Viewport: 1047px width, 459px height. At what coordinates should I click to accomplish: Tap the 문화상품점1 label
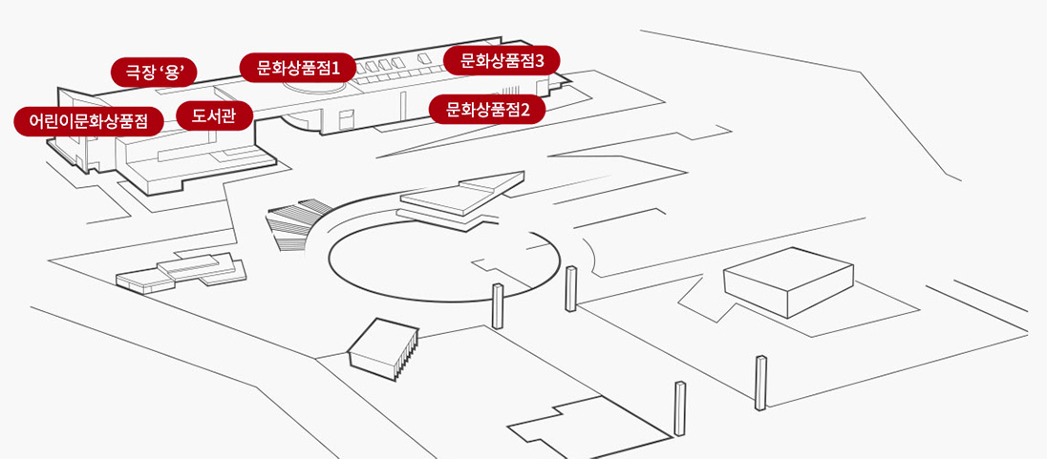tap(298, 68)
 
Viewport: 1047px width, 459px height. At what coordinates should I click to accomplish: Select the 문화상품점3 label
tap(502, 61)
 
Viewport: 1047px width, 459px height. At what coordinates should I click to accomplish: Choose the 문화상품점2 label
tap(487, 110)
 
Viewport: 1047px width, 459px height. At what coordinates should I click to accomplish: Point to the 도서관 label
tap(214, 116)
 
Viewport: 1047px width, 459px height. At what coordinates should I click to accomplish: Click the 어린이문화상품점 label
tap(89, 121)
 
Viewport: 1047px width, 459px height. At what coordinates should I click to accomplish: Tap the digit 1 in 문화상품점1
tap(336, 68)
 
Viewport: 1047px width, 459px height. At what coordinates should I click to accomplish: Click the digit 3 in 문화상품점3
tap(540, 61)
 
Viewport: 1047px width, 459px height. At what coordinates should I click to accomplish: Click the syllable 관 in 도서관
tap(229, 116)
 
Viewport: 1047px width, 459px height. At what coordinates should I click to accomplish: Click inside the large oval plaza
tap(444, 261)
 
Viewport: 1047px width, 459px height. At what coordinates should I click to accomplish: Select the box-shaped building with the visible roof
tap(788, 282)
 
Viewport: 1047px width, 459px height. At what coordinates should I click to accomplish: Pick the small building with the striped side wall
tap(384, 349)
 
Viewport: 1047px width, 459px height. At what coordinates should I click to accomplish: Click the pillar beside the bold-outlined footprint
tap(680, 408)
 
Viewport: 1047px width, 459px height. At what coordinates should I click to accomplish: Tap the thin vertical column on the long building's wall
tap(402, 107)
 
